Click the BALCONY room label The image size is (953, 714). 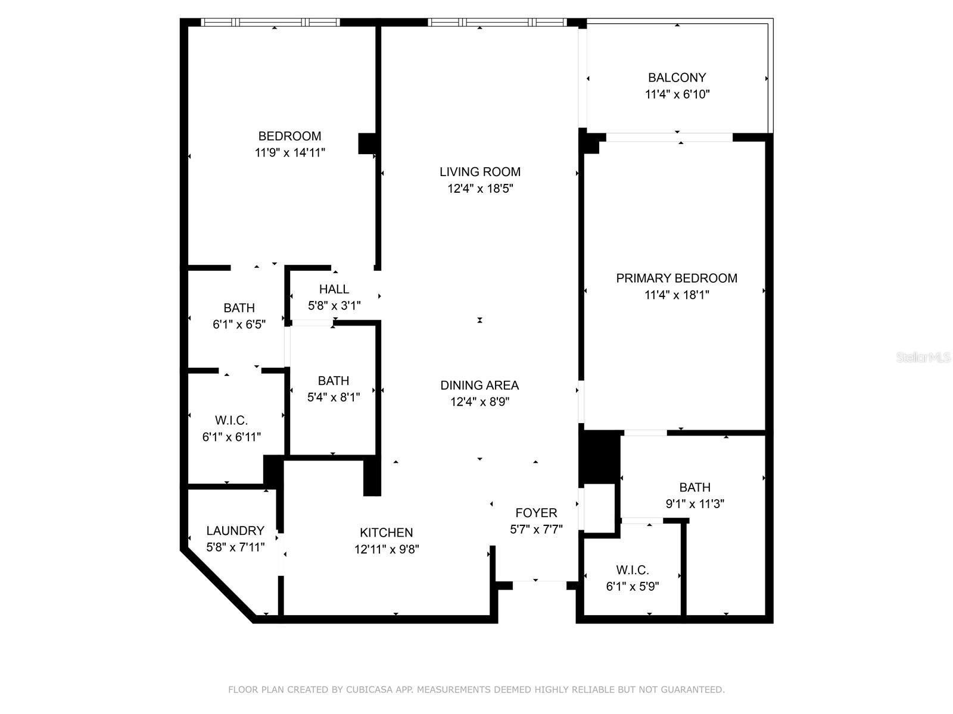coord(677,77)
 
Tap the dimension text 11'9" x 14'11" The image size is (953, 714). coord(290,153)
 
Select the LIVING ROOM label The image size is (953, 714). coord(480,172)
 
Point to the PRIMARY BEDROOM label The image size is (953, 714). coord(677,278)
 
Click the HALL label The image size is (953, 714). coord(334,289)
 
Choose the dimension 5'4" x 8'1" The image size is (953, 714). coord(334,397)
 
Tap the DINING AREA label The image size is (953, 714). coord(479,385)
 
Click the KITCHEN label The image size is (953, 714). coord(387,533)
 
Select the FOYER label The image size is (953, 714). coord(536,513)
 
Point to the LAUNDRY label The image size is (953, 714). coord(235,531)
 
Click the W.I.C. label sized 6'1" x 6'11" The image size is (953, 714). coord(232,421)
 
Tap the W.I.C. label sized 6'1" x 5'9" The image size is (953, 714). coord(633,570)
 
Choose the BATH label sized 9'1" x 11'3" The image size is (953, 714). coord(694,487)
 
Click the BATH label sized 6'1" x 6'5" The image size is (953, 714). coord(239,308)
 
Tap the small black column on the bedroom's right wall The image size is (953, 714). coord(366,143)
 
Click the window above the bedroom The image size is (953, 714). coord(271,23)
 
